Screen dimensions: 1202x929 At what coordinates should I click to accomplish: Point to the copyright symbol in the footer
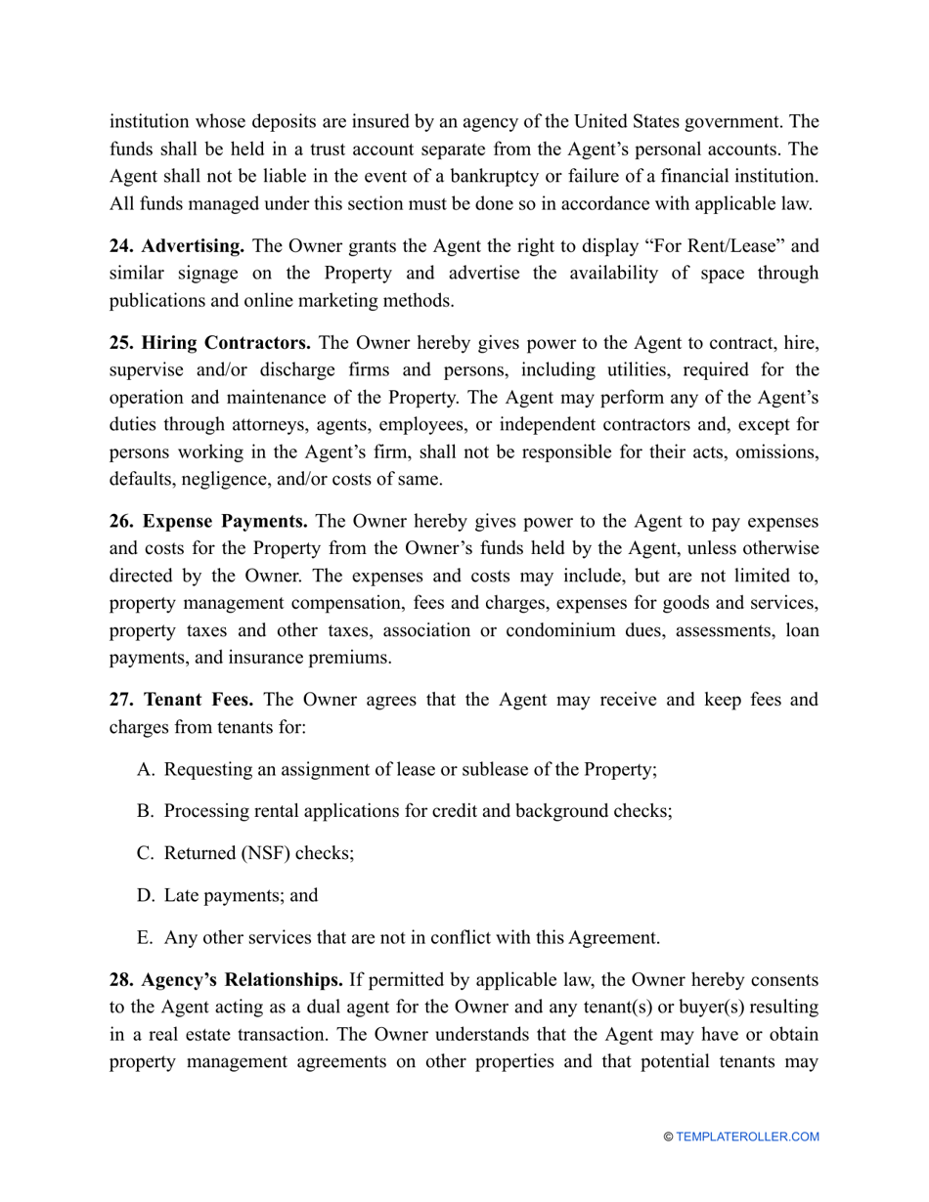coord(669,1137)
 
